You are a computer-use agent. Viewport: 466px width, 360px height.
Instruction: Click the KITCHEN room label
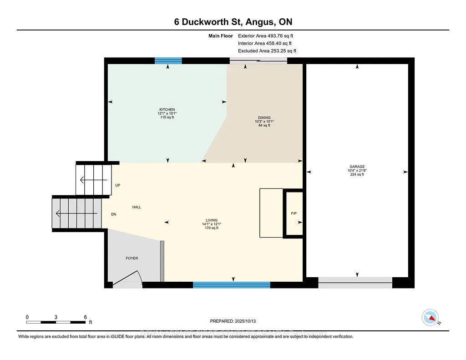(x=167, y=110)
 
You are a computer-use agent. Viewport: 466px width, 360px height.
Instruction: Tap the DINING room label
(x=264, y=117)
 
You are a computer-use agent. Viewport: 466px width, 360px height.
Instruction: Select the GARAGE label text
(x=357, y=167)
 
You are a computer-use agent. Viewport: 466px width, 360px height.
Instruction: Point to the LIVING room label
(x=212, y=220)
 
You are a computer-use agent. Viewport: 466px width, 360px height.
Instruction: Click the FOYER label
(x=132, y=258)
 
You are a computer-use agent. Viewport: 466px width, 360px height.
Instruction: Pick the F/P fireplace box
(x=294, y=213)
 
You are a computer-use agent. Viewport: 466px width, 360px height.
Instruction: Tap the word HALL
(x=137, y=207)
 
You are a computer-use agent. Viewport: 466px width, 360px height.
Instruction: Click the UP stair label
(x=118, y=185)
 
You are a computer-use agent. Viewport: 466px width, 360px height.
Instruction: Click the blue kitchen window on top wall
(x=168, y=61)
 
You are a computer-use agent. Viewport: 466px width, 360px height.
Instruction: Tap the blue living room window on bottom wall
(x=231, y=285)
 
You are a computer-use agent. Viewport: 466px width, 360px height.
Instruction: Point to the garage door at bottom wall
(x=355, y=283)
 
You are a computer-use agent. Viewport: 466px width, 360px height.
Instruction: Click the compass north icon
(x=430, y=317)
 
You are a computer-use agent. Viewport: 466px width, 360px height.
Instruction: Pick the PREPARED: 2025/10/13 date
(x=233, y=321)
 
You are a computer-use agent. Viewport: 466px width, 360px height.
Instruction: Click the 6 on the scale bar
(x=85, y=317)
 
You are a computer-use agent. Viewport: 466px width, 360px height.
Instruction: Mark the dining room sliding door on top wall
(x=258, y=61)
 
